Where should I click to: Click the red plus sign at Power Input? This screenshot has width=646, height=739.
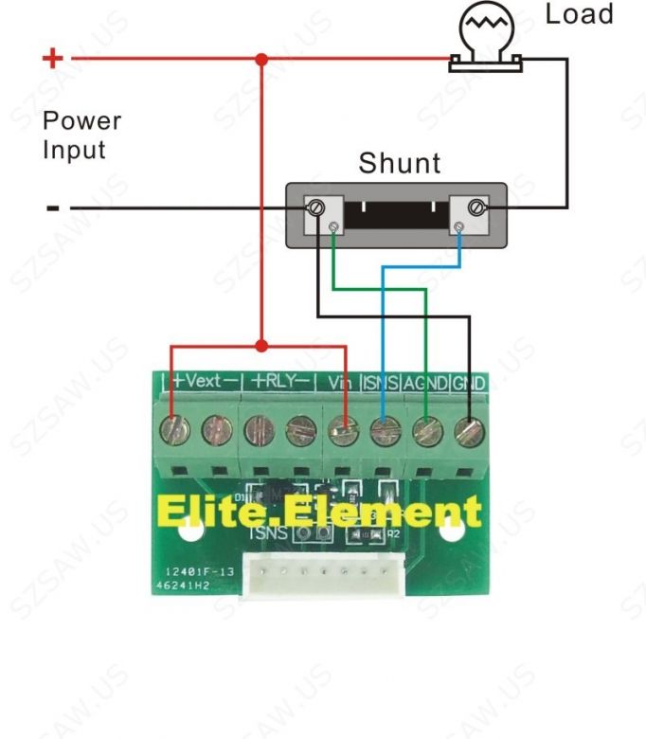coord(53,59)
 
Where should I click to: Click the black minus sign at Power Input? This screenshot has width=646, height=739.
coord(53,207)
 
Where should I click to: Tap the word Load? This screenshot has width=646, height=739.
coord(579,14)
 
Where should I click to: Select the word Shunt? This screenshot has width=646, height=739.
coord(399,163)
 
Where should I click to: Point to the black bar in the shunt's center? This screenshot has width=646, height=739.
coord(396,214)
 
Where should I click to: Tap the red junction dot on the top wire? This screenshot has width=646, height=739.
coord(261,59)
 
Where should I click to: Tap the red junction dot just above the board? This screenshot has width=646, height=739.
coord(261,346)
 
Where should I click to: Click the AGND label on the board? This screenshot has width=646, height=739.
coord(424,383)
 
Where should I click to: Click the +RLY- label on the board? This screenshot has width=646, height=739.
coord(279,382)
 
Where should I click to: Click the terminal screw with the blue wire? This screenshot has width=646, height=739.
coord(383,432)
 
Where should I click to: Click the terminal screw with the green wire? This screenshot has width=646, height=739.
coord(426,432)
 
